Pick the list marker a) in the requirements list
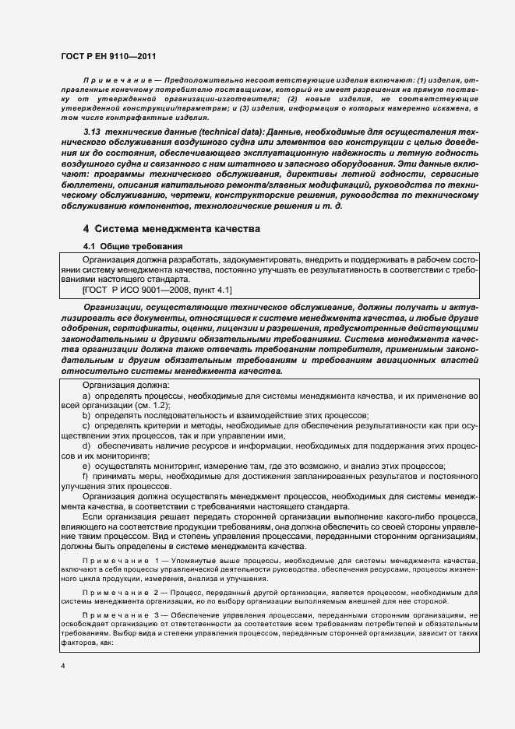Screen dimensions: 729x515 coord(86,396)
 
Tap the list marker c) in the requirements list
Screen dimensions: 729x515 coord(86,425)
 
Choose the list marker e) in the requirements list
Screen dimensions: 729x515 coord(86,465)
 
